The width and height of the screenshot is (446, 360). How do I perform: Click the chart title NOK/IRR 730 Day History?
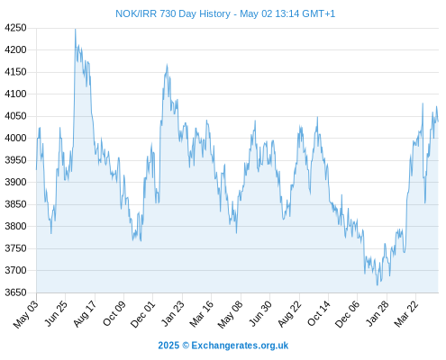(x=173, y=13)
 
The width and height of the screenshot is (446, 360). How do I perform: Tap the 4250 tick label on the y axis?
(x=15, y=28)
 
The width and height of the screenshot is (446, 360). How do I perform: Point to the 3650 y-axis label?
(x=15, y=292)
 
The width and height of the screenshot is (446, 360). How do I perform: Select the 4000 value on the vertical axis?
(x=15, y=138)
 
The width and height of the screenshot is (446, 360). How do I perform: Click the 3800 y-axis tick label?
(x=15, y=226)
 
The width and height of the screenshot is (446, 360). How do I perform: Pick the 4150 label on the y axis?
(x=15, y=72)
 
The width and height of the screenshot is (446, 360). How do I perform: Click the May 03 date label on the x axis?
(x=26, y=314)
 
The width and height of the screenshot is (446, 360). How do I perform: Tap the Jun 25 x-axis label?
(x=56, y=313)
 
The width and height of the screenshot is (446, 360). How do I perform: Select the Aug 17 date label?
(x=85, y=313)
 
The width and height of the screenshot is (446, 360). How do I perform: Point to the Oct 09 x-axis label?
(x=114, y=313)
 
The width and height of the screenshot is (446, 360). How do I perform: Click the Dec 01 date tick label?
(x=143, y=314)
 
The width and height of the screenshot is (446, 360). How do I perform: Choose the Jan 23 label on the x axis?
(x=172, y=313)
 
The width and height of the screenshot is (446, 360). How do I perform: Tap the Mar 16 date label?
(x=202, y=313)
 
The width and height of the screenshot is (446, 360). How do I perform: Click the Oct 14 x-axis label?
(x=319, y=313)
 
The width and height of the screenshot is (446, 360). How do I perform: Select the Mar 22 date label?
(x=406, y=313)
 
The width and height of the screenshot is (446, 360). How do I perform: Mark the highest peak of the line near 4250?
(x=76, y=29)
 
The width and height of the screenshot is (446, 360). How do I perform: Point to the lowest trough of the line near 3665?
(x=378, y=285)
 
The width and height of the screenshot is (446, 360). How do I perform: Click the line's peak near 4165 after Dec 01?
(x=167, y=65)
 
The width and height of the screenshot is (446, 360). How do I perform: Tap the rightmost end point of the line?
(x=438, y=121)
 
